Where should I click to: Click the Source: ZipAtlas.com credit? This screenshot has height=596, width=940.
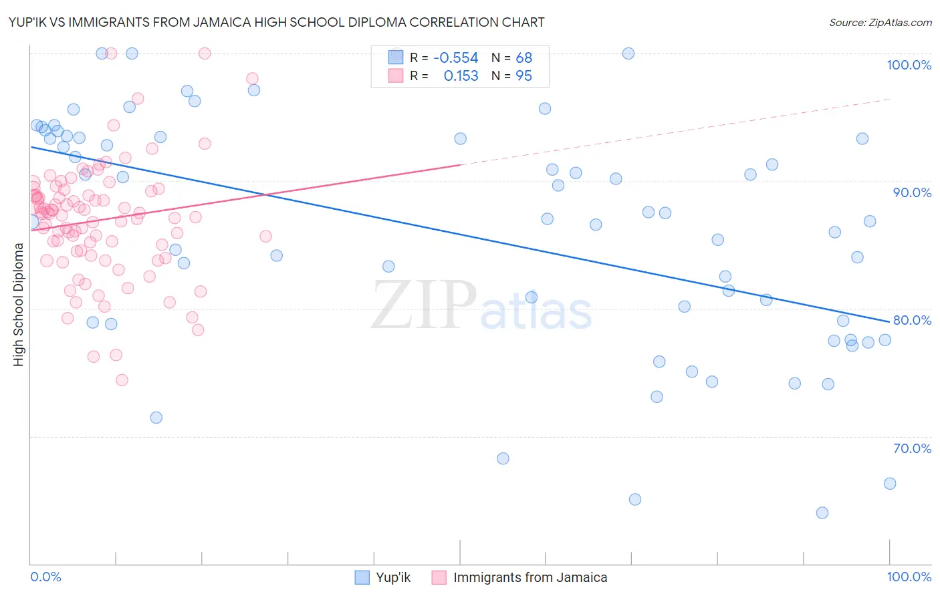point(880,22)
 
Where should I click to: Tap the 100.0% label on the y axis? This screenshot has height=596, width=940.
point(909,65)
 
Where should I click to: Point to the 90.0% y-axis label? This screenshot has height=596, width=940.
point(912,192)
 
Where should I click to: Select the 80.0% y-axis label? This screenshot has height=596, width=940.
point(912,320)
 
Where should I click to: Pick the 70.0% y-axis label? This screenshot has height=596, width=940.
point(912,448)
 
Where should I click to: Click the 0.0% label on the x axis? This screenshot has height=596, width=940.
point(45,577)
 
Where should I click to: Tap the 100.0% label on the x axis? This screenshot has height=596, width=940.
point(909,577)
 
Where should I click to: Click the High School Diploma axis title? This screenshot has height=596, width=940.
point(19,304)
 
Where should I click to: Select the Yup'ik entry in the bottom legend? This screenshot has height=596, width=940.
point(393,577)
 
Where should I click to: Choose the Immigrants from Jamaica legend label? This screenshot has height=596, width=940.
point(530,577)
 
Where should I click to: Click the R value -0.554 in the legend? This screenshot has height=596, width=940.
point(456,58)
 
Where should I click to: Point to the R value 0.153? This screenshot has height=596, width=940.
point(461,76)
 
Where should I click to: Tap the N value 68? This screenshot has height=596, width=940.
point(523,58)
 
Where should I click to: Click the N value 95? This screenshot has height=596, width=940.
point(523,76)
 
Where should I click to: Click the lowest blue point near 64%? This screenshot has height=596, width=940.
point(822,512)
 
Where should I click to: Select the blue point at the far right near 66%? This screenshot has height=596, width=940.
point(890,483)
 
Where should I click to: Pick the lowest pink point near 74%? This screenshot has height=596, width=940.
point(122,380)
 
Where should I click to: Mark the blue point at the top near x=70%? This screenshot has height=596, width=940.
point(628,53)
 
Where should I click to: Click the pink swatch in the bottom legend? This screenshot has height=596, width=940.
point(439,577)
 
